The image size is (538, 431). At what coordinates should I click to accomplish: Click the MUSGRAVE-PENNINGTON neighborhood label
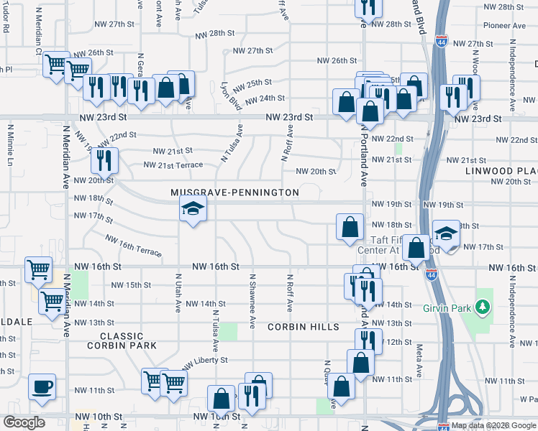point(234,193)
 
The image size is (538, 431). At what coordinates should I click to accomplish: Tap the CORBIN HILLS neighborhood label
point(303,327)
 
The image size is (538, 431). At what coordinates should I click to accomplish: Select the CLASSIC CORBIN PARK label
point(127,340)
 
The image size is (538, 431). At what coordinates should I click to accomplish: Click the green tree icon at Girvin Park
point(483,307)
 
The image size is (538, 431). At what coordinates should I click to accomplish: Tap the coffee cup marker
point(42,387)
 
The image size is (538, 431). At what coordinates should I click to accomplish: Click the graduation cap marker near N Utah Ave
point(193,210)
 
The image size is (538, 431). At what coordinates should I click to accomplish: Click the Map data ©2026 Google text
point(493,425)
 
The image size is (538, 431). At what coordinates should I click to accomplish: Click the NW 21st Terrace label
point(173,164)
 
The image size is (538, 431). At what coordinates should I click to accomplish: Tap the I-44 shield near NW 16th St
point(430,274)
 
